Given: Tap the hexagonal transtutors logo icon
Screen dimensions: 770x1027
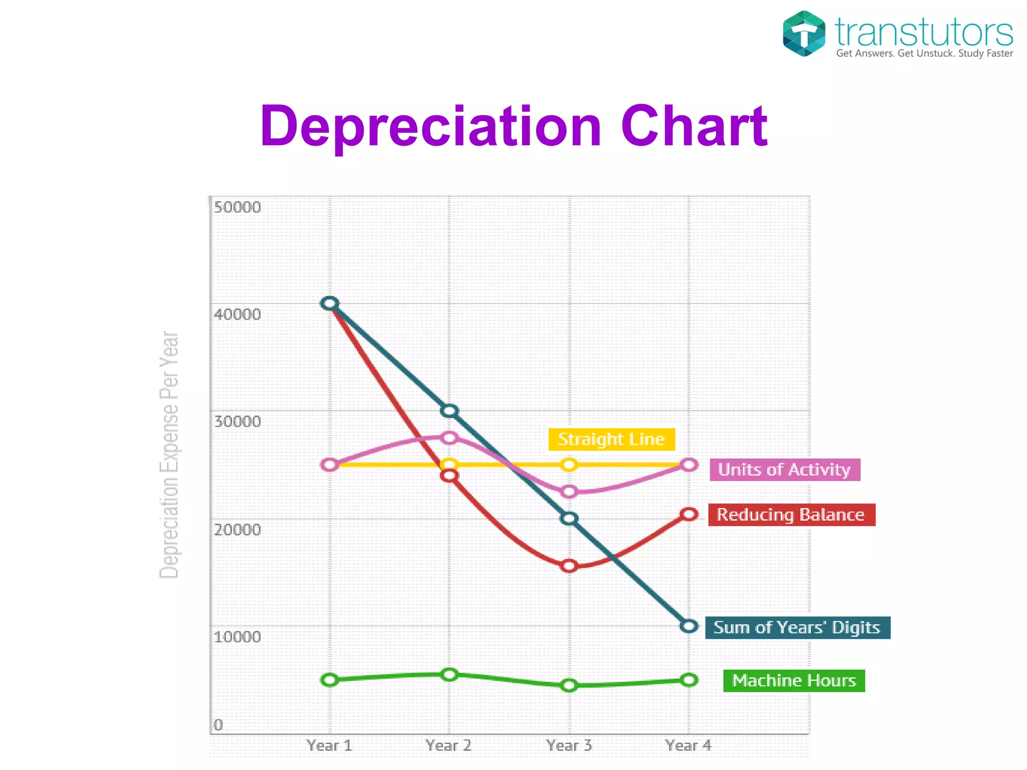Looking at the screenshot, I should tap(804, 34).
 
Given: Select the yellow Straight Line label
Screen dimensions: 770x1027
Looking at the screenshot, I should tap(611, 439).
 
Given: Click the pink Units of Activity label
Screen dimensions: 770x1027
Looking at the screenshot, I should tap(784, 470).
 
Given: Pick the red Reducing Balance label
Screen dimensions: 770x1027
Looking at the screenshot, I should tap(791, 515).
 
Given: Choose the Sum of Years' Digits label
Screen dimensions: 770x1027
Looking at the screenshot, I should tap(797, 628).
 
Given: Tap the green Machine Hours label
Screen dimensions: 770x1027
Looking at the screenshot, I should tap(793, 681).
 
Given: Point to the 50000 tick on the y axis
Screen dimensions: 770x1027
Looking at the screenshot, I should tap(237, 207).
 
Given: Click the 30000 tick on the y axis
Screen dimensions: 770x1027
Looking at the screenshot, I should tap(237, 421).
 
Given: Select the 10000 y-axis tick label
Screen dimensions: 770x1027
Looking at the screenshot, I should tap(237, 637).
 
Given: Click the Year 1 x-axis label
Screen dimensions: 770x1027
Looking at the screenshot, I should tap(329, 745).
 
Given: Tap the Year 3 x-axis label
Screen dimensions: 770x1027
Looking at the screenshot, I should tap(569, 745).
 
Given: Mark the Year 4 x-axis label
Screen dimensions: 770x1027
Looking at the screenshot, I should tap(689, 745).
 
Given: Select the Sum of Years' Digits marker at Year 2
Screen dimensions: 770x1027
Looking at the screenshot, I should tap(449, 411).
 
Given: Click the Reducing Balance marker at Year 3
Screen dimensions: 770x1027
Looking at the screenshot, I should tap(569, 566).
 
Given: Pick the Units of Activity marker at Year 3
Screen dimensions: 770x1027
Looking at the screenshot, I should tap(569, 492).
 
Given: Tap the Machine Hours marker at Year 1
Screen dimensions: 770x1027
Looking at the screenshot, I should tap(330, 680).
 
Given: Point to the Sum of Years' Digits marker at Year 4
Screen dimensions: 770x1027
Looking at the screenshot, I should tap(689, 626).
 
